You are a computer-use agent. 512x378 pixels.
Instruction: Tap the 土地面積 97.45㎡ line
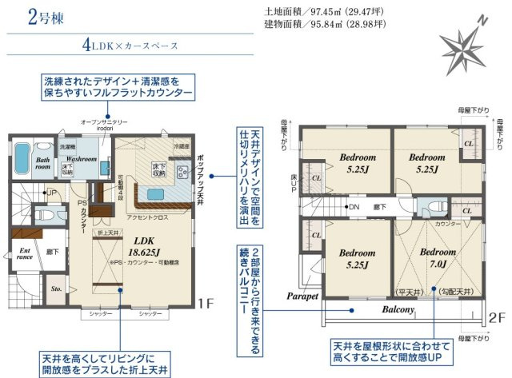point(324,13)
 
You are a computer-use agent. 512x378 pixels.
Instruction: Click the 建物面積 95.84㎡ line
point(324,25)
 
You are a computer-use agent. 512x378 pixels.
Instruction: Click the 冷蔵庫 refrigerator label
point(182,146)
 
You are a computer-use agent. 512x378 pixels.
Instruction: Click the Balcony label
point(398,310)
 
